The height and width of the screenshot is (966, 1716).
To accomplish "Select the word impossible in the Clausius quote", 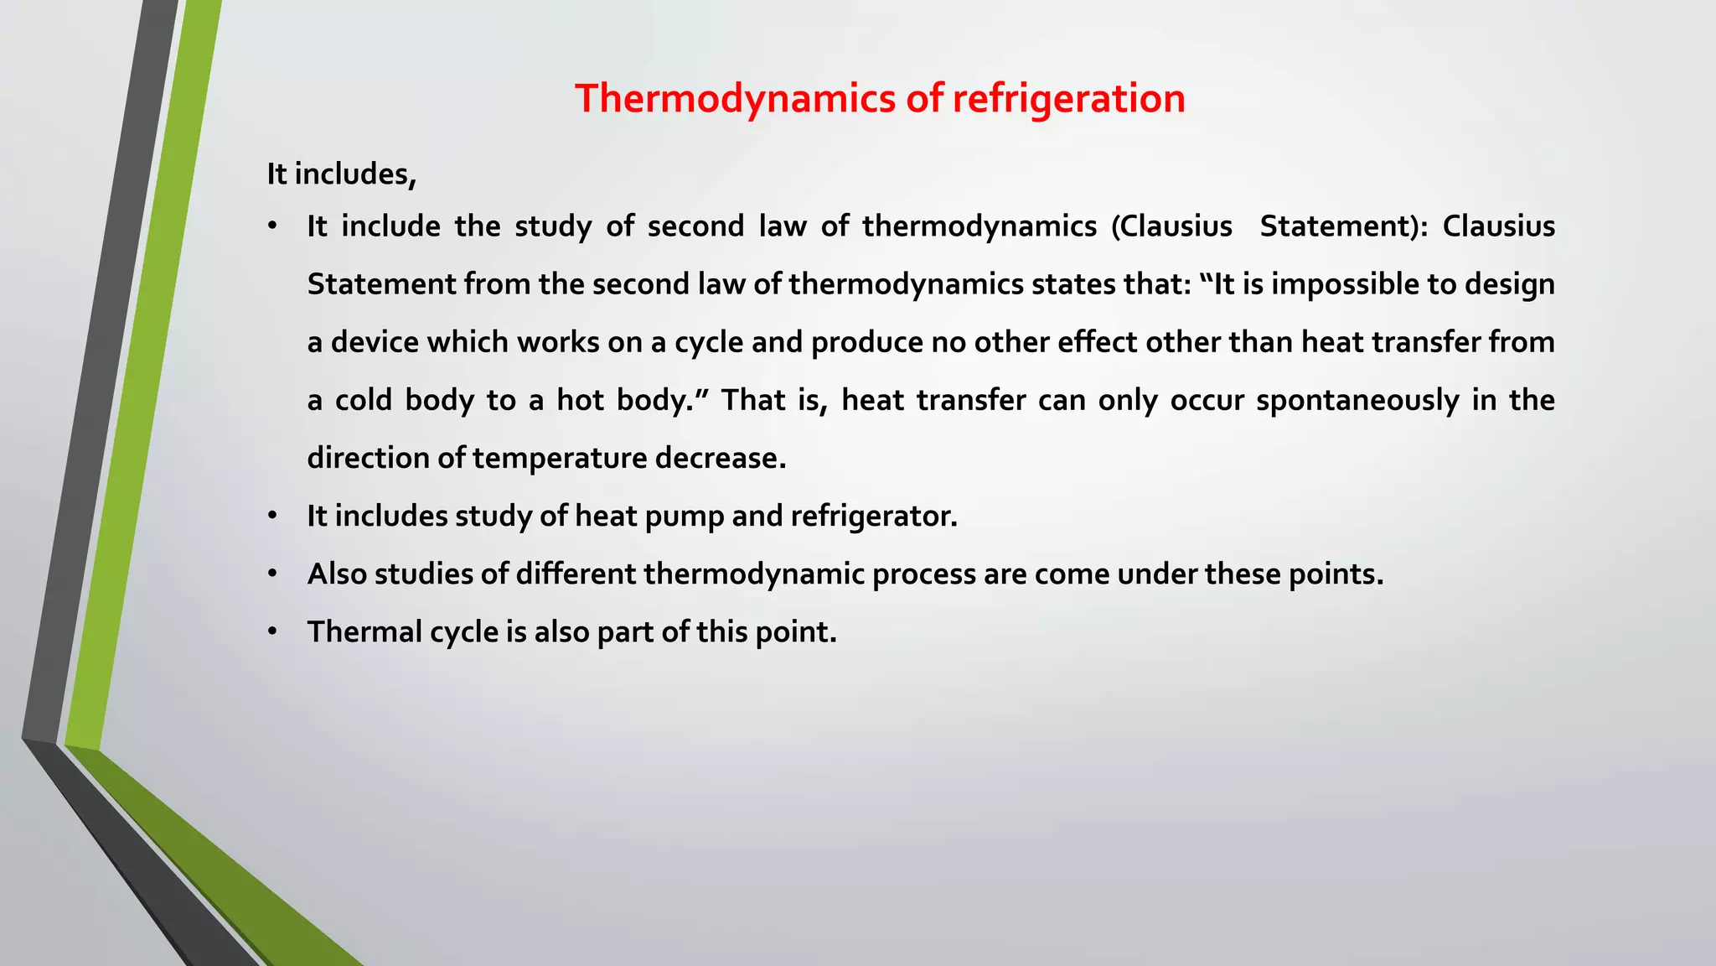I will pyautogui.click(x=1344, y=284).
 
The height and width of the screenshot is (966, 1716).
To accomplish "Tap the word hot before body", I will pyautogui.click(x=580, y=400).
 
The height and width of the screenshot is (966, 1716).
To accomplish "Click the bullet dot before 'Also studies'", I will pyautogui.click(x=272, y=574).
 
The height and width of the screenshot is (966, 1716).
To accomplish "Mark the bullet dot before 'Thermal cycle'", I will pyautogui.click(x=272, y=632).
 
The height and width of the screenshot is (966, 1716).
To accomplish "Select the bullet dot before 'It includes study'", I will pyautogui.click(x=272, y=517).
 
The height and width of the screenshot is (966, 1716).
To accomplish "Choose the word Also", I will pyautogui.click(x=337, y=574).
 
